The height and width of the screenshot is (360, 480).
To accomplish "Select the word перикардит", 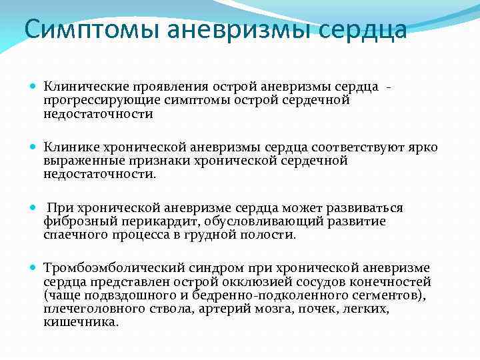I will tap(149, 221).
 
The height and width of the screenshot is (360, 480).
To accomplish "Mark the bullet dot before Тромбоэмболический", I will tap(33, 268).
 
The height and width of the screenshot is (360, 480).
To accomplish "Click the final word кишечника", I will tap(81, 321).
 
